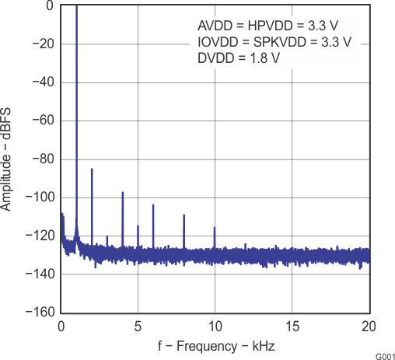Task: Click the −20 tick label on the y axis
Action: (40, 44)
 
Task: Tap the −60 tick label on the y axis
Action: (40, 121)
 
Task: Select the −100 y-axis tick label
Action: (37, 197)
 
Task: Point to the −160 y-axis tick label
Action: (37, 313)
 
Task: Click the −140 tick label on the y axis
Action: (37, 274)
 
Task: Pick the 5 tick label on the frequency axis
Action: (138, 327)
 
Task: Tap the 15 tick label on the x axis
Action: (292, 327)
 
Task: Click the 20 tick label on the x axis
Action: (369, 327)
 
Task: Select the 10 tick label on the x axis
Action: (215, 327)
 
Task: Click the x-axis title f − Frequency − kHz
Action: (215, 344)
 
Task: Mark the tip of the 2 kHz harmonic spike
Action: (92, 169)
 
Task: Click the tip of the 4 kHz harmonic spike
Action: (123, 192)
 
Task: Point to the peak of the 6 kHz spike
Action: (153, 204)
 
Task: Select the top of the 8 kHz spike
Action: (184, 215)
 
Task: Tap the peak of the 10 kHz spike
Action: (215, 228)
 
